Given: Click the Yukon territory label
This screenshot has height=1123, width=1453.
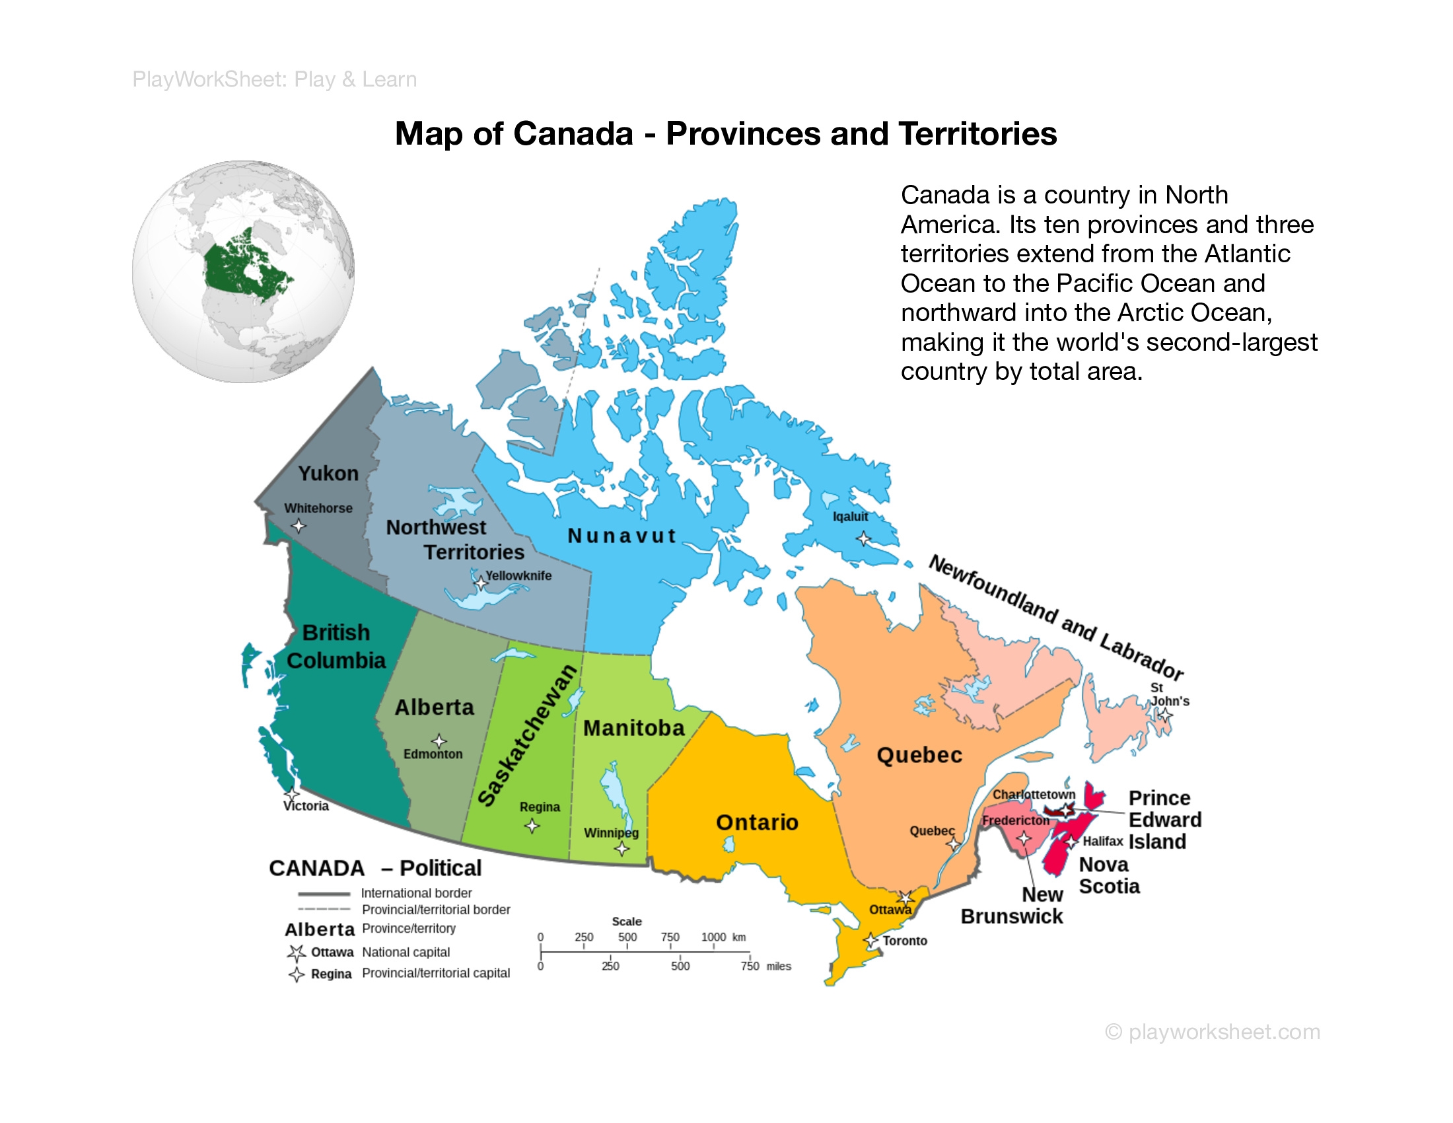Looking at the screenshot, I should coord(328,473).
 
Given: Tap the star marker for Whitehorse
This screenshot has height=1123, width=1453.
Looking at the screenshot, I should coord(299,526).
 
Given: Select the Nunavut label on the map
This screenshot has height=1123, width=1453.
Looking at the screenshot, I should coord(621,536).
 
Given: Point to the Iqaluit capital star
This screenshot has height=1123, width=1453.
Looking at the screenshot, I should coord(863,538).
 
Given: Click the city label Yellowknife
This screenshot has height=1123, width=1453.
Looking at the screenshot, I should coord(518,575).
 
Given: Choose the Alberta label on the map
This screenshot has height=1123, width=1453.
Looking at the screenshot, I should coord(435,707).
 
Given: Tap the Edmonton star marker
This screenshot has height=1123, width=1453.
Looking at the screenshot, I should coord(439,741).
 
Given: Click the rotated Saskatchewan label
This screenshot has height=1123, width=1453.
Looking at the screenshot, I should coord(528,735).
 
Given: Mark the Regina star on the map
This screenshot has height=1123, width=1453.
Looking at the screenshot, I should coord(532,826).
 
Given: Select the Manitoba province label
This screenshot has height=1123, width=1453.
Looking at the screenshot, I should coord(633,729).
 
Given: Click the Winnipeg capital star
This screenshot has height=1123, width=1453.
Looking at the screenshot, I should coord(622,848).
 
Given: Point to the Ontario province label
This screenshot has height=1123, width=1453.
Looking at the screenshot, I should coord(756,822).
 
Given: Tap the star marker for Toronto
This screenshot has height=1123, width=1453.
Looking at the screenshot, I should coord(871,941).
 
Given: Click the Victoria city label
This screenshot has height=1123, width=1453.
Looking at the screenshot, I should coord(306,807).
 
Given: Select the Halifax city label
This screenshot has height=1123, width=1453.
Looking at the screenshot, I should coord(1102,842).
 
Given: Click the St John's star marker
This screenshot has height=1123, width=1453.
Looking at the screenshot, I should coord(1165,715).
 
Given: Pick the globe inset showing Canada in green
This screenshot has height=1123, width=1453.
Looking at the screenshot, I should coord(244,272).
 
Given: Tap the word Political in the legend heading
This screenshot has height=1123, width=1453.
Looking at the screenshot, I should coord(441,868).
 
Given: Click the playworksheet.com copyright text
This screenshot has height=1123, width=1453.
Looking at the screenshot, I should coord(1212,1032).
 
